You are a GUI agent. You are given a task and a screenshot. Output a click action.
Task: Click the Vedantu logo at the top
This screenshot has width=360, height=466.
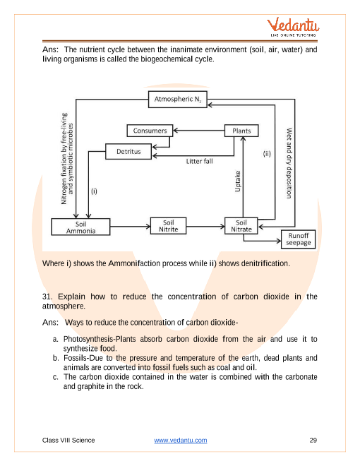(x=293, y=27)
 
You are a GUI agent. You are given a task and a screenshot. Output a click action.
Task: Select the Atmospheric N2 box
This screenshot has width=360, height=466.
(x=178, y=100)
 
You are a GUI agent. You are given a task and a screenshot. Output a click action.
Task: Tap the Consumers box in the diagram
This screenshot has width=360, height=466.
(x=150, y=131)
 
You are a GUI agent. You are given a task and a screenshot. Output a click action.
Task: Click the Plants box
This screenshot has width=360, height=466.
(x=241, y=131)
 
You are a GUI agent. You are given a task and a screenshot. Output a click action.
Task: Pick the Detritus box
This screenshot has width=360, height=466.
(x=128, y=152)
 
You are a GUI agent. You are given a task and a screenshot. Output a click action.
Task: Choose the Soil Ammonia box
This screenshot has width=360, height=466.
(x=80, y=227)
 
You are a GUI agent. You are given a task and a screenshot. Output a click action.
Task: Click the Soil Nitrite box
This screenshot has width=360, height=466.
(x=168, y=226)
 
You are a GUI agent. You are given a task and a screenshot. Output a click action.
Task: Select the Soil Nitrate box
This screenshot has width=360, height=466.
(x=241, y=226)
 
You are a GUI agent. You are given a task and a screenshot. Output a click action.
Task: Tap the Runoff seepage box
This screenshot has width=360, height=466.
(x=298, y=239)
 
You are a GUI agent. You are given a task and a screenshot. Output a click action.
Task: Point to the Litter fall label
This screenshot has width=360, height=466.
(x=199, y=162)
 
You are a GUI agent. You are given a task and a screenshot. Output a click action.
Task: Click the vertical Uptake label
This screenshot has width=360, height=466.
(x=238, y=181)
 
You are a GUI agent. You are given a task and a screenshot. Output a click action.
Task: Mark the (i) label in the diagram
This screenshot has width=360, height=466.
(x=94, y=191)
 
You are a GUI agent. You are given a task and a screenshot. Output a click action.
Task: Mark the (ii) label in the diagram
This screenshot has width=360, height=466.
(x=267, y=154)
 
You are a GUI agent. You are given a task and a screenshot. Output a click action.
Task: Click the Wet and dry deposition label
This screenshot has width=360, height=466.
(x=289, y=163)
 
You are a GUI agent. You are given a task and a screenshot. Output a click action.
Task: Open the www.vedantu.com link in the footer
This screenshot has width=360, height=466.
(x=181, y=440)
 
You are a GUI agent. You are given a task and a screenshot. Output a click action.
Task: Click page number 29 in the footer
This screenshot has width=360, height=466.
(x=313, y=440)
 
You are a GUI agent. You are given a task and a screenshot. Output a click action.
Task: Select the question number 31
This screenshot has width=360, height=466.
(x=47, y=297)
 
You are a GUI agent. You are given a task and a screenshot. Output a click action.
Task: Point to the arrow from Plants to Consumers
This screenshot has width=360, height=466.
(x=199, y=131)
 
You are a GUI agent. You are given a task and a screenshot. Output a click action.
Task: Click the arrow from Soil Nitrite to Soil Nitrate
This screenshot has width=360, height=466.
(x=205, y=227)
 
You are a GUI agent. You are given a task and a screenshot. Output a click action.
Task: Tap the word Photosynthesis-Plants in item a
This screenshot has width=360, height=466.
(x=100, y=339)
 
